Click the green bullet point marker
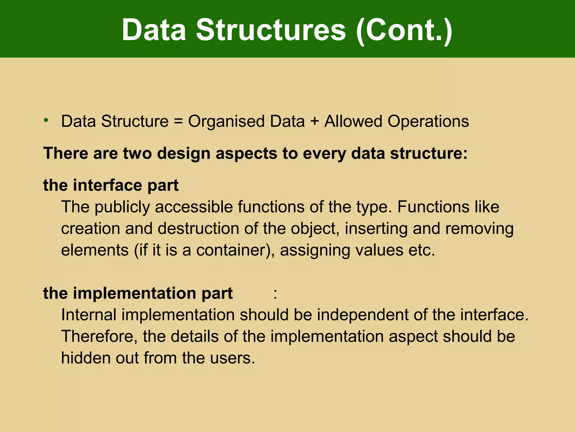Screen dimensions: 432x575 point(46,120)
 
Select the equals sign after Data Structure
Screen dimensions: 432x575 point(178,121)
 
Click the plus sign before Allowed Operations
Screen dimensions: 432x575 point(314,121)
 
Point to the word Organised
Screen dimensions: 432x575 point(226,121)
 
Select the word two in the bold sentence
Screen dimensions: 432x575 point(137,154)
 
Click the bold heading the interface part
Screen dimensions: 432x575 point(111,185)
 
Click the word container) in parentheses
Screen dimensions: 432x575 point(235,250)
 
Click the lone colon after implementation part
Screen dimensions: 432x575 point(275,294)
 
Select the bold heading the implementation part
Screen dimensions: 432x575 point(138,293)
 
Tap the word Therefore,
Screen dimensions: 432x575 point(99,336)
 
